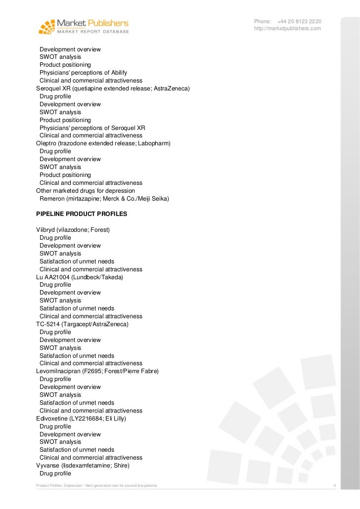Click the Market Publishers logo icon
click(47, 26)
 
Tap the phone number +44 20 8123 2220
click(299, 21)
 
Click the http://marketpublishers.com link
click(287, 29)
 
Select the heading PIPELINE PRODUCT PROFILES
click(82, 214)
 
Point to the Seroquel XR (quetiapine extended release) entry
click(113, 88)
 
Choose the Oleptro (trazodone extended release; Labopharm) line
click(103, 143)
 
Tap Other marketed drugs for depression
click(86, 190)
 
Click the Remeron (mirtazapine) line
click(104, 198)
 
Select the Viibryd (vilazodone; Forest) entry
click(73, 230)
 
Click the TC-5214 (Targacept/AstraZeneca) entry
click(82, 324)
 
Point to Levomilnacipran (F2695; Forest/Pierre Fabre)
click(97, 371)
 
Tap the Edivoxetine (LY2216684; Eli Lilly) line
click(81, 419)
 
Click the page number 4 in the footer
click(335, 486)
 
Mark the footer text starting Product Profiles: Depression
click(96, 486)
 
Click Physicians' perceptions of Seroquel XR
click(92, 127)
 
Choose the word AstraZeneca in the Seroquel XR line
click(171, 88)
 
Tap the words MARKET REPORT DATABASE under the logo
click(93, 31)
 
